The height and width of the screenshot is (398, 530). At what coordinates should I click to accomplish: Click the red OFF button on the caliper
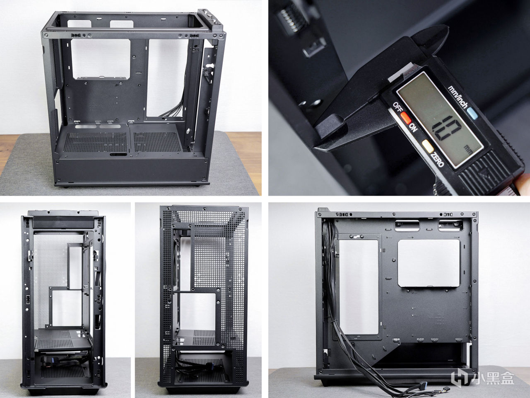pyautogui.click(x=406, y=118)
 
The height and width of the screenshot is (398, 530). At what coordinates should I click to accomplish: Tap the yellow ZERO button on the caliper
pyautogui.click(x=428, y=146)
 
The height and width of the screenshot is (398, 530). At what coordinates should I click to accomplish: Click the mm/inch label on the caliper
pyautogui.click(x=458, y=97)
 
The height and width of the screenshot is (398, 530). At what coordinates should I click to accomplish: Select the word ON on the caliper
pyautogui.click(x=413, y=128)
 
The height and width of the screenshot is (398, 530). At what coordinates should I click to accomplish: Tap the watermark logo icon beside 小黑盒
pyautogui.click(x=460, y=378)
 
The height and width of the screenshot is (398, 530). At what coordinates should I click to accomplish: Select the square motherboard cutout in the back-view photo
pyautogui.click(x=429, y=263)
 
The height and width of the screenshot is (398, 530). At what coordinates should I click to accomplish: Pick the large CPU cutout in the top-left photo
pyautogui.click(x=101, y=59)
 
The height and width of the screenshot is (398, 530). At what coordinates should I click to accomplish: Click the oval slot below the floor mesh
pyautogui.click(x=118, y=154)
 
